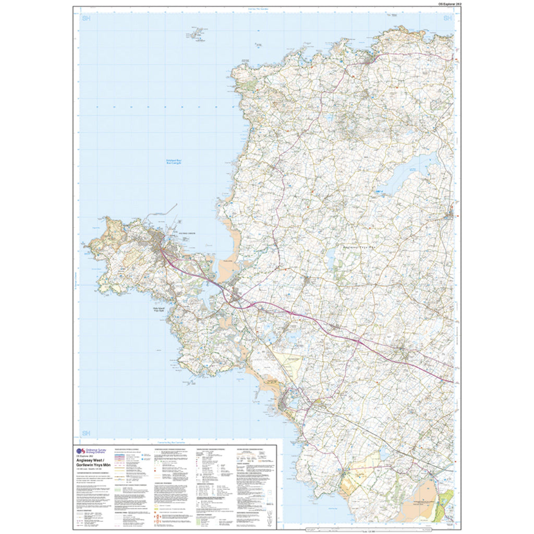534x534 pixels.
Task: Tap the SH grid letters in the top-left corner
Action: [86, 19]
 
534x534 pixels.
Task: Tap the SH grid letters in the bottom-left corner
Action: [86, 433]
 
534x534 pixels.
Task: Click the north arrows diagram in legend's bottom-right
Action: [270, 516]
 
